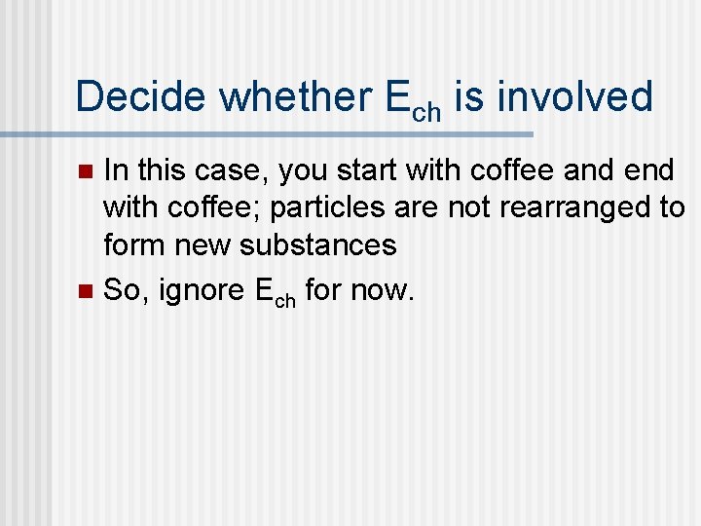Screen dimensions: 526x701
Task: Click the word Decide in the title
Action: pyautogui.click(x=140, y=97)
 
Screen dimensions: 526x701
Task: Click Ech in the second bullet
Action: pyautogui.click(x=273, y=291)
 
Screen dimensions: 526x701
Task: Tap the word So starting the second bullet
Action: pyautogui.click(x=123, y=289)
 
